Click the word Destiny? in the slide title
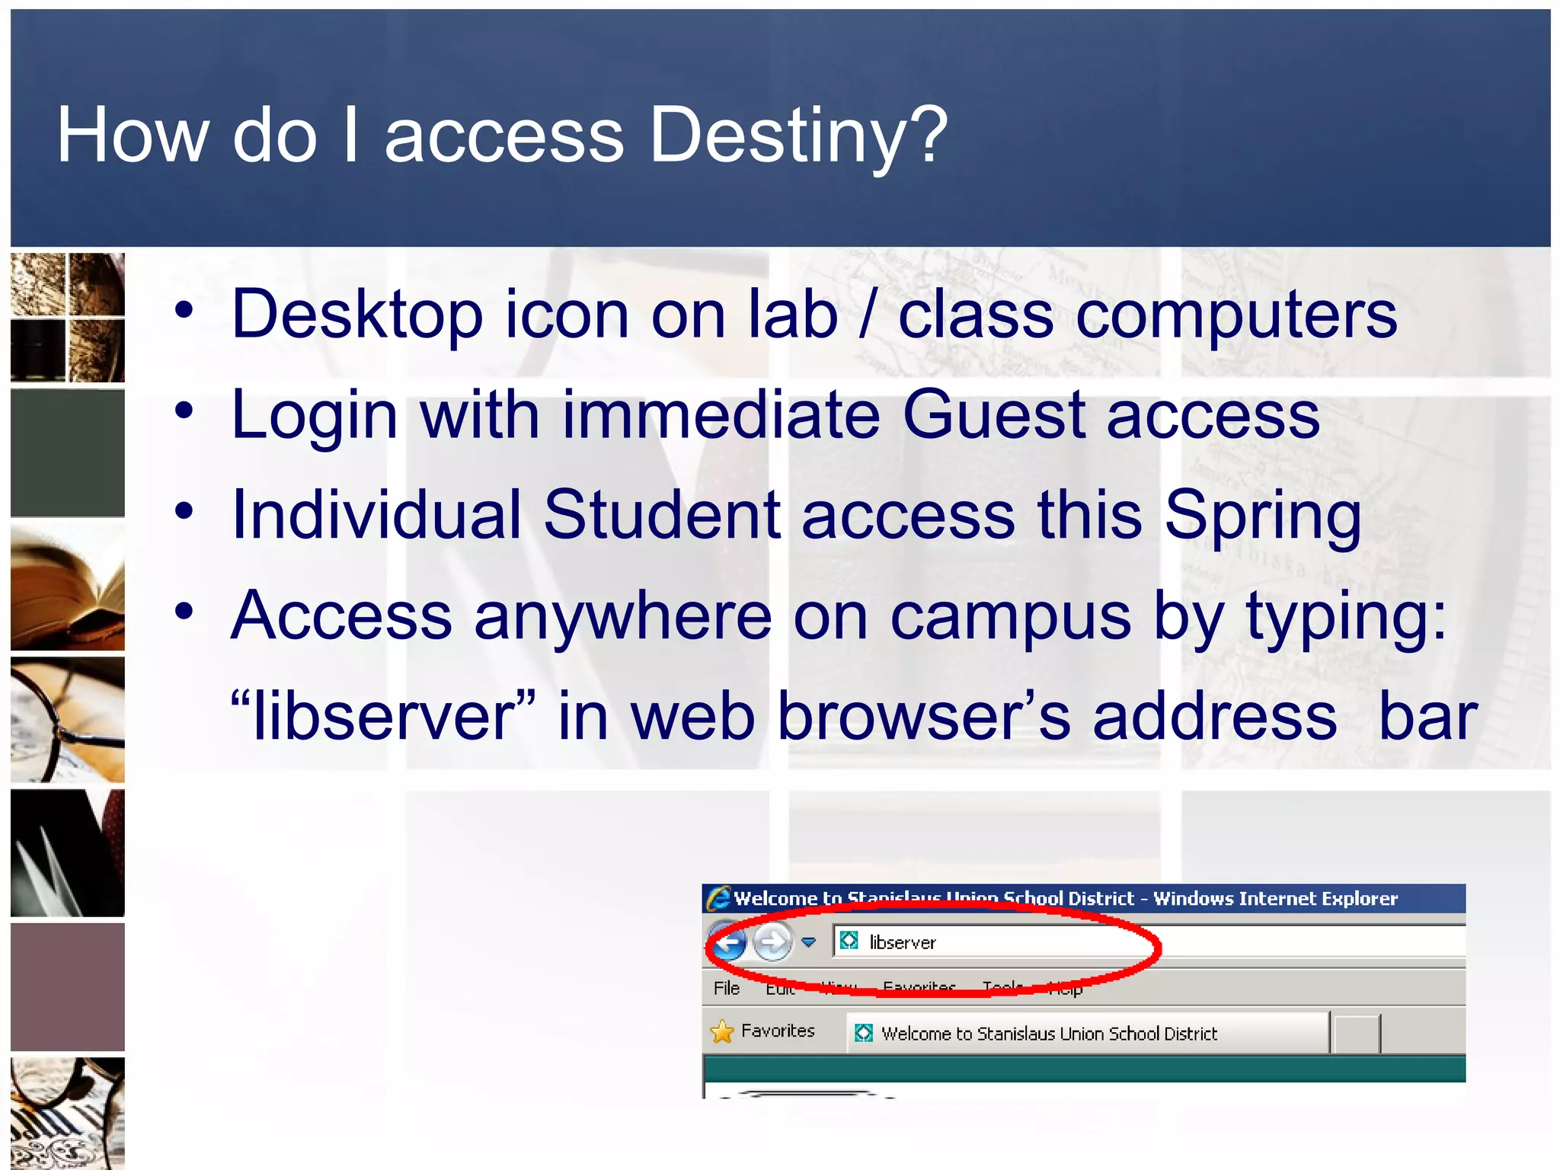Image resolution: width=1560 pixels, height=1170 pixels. [798, 136]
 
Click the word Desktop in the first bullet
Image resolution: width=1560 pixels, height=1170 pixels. [356, 315]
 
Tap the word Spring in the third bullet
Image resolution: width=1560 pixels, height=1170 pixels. [1262, 516]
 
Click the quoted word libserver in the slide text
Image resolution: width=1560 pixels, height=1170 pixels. [383, 716]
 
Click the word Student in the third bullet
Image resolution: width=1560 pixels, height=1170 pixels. [661, 516]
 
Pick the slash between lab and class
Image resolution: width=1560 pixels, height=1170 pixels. [867, 315]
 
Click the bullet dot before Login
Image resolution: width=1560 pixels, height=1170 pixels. [184, 411]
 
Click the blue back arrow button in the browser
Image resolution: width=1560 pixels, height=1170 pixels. [728, 943]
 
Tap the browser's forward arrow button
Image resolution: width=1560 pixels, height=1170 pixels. [772, 943]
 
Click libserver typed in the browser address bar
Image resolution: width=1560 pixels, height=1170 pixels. [903, 943]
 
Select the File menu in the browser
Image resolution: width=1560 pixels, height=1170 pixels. [726, 988]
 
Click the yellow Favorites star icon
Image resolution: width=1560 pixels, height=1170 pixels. [721, 1032]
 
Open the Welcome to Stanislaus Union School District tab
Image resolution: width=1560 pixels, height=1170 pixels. [1048, 1034]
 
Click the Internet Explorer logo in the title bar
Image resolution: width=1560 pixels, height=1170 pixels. [718, 899]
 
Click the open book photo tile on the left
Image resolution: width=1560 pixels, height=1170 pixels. [68, 587]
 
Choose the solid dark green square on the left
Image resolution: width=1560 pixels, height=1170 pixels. [68, 453]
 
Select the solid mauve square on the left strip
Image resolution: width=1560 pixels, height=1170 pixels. [68, 987]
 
